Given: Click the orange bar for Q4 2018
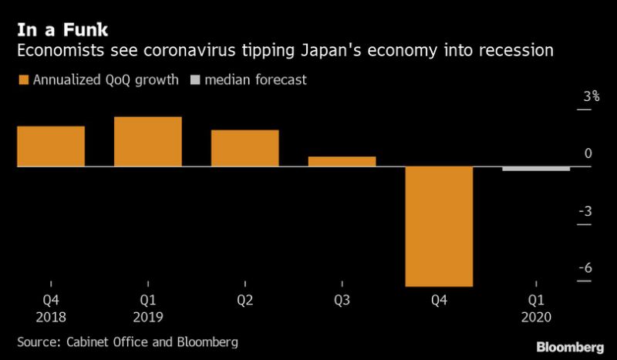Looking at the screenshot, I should (50, 146).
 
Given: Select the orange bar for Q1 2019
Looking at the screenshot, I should (147, 142).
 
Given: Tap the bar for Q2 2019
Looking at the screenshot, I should (244, 148).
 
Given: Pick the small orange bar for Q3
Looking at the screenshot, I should (342, 161).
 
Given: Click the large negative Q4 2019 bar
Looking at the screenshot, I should (439, 226).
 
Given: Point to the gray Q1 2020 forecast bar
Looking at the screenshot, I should (536, 169).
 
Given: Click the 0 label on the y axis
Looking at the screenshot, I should (588, 153).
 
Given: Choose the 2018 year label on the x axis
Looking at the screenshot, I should (50, 317).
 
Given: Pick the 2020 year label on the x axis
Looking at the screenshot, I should (536, 317).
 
